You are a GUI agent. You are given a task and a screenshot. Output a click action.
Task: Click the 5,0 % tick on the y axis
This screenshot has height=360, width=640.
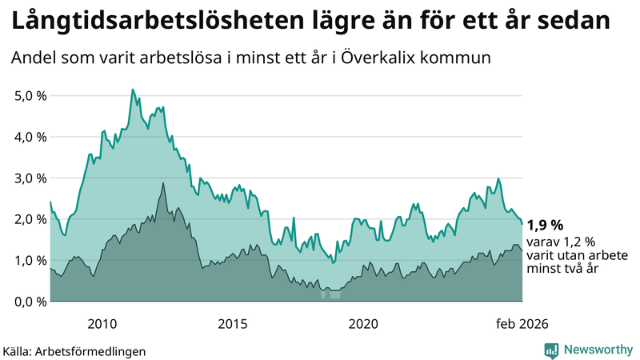coord(29,95)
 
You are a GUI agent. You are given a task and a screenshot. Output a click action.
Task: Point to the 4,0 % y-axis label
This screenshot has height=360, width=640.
coord(29,137)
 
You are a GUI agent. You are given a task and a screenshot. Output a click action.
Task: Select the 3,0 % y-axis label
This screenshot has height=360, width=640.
coord(29,178)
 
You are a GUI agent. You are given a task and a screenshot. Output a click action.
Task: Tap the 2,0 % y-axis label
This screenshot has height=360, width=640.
coord(29,219)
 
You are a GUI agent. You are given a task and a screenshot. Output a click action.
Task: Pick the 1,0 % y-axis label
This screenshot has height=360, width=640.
coord(29,260)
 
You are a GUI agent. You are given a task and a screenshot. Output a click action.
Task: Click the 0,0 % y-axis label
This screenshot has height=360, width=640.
coord(29,302)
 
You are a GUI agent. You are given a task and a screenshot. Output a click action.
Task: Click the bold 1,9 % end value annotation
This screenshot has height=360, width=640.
coord(546,225)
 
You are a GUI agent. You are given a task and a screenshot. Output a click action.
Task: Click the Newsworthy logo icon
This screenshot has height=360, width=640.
coord(551,350)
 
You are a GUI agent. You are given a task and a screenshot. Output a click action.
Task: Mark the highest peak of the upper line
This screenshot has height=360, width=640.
coord(133,90)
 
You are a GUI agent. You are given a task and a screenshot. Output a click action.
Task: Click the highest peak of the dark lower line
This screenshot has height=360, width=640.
coord(164,183)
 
